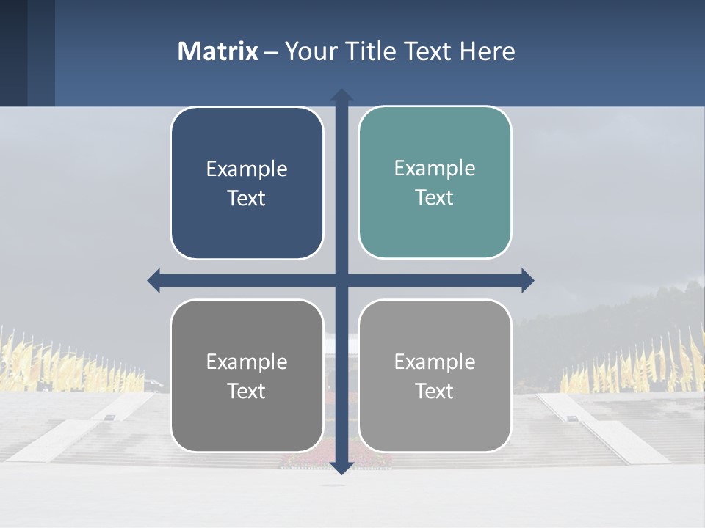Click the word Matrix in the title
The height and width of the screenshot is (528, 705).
point(218,51)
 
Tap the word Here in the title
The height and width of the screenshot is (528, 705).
point(487,51)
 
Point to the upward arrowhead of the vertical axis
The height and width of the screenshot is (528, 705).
point(341,95)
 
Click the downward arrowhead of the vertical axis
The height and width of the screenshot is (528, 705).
point(341,467)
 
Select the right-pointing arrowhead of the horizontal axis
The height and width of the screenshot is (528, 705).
point(527,280)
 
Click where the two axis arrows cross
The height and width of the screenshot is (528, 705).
point(341,280)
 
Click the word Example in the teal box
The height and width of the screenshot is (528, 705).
point(435,168)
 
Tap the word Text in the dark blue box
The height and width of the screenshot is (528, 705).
point(247,198)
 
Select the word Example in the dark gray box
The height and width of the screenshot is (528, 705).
point(247,362)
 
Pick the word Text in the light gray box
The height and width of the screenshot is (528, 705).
point(435,391)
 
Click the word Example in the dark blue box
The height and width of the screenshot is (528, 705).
point(247,169)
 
